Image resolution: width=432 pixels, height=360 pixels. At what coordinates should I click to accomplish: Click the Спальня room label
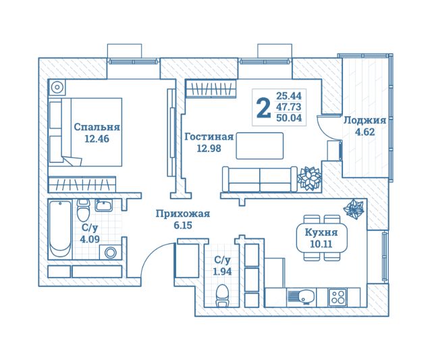[x=97, y=126]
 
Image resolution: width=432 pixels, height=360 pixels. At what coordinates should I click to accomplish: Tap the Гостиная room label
[x=209, y=136]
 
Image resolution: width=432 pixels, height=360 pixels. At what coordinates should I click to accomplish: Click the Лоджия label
[x=364, y=120]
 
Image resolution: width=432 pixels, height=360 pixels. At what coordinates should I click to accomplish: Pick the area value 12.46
[x=97, y=140]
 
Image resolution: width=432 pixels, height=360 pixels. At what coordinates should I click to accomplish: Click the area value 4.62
[x=364, y=132]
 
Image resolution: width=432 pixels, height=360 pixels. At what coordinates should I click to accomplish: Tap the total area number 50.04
[x=289, y=118]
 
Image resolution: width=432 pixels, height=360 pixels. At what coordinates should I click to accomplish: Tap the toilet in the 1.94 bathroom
[x=221, y=294]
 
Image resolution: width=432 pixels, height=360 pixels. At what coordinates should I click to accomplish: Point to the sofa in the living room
[x=260, y=178]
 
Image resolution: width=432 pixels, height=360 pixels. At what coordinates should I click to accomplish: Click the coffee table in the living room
[x=260, y=145]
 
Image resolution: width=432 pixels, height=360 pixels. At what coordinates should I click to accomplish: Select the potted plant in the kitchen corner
[x=354, y=210]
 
